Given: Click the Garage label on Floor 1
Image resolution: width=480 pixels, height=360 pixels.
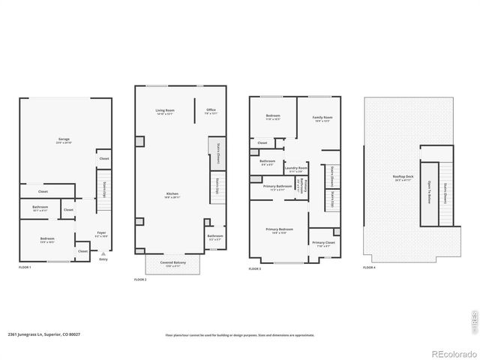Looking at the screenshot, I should point(64,139).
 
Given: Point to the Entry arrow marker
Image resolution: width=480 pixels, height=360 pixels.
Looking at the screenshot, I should point(103,254).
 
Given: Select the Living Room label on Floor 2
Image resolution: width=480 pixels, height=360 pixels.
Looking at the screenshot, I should point(164,110).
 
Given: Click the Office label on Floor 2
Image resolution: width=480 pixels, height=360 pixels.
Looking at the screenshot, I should point(211,110).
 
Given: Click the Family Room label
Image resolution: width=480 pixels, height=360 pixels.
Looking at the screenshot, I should point(322,118).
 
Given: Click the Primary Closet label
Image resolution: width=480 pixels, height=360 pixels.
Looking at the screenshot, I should point(323,242).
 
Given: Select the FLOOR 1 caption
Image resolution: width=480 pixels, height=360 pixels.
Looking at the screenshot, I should point(25,267).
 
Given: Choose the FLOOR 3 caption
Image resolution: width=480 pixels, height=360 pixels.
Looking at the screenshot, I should point(255,267).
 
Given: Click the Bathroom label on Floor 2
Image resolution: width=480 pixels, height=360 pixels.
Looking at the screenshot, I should point(214,236).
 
